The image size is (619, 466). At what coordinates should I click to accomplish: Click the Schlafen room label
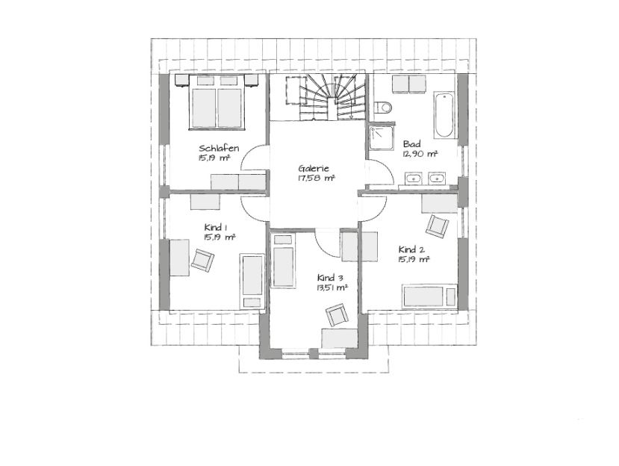(219, 149)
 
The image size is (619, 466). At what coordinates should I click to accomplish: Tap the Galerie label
(314, 168)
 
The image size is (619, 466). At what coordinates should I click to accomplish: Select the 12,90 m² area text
(420, 154)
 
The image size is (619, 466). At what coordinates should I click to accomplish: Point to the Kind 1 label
(216, 228)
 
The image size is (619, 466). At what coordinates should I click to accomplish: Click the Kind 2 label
(411, 249)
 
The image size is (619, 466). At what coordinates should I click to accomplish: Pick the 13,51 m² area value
(332, 288)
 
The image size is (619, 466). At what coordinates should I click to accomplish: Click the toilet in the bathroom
(383, 107)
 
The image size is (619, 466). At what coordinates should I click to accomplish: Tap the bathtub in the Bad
(444, 115)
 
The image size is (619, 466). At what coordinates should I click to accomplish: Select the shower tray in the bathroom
(382, 138)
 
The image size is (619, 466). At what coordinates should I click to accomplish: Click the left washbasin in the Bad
(413, 178)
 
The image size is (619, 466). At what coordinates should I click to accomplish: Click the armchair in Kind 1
(202, 260)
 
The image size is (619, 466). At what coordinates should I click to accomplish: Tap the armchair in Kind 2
(437, 226)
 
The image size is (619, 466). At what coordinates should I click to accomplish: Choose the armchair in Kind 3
(337, 315)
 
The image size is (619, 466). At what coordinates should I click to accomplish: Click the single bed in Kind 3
(284, 260)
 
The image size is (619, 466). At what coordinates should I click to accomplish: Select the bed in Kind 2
(429, 296)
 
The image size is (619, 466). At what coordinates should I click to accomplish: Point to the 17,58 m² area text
(316, 178)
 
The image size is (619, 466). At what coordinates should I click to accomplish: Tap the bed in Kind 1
(252, 282)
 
